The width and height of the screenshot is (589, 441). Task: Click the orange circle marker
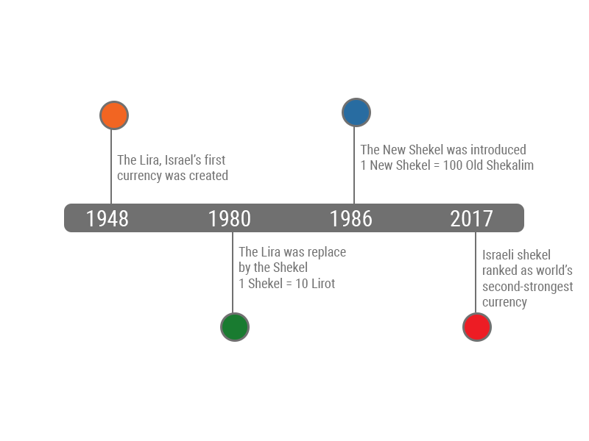(114, 115)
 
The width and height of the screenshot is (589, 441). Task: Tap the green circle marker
(235, 327)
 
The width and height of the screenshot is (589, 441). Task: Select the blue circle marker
(356, 112)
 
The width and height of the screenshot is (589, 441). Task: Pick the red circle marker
(477, 327)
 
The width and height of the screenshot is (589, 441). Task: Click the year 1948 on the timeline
(107, 218)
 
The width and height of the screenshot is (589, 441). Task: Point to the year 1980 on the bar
(230, 218)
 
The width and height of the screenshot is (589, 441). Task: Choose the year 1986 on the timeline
(351, 218)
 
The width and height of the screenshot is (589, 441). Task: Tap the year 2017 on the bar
(471, 218)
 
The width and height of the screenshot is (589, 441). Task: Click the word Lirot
(323, 284)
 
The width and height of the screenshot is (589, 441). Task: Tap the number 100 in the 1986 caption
(452, 165)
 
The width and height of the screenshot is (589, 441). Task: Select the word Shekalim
(511, 165)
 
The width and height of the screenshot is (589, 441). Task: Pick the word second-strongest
(527, 287)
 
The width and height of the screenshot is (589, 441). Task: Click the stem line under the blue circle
(354, 165)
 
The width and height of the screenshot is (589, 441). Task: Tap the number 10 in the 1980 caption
(302, 284)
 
